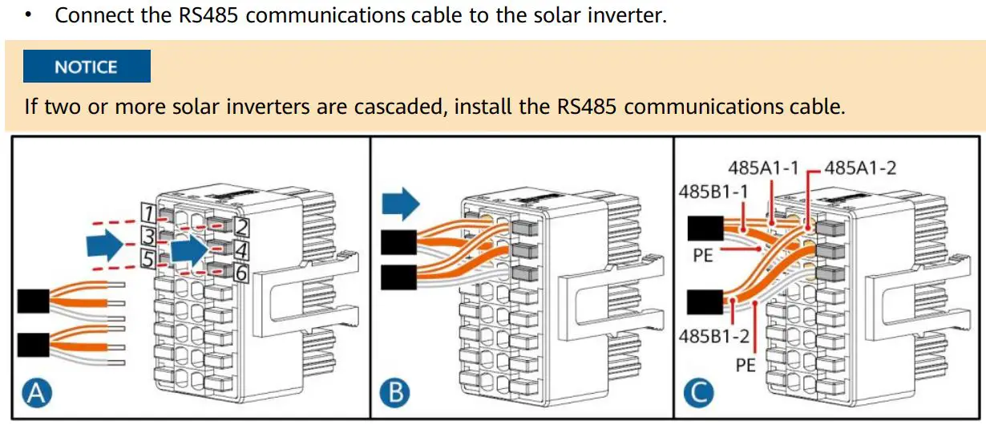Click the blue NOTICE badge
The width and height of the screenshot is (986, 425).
click(x=87, y=67)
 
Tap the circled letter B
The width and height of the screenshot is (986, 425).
click(x=394, y=394)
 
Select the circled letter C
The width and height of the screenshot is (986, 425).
click(x=698, y=394)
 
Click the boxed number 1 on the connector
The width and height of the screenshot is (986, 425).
click(x=147, y=212)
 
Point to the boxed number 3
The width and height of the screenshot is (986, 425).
click(x=147, y=236)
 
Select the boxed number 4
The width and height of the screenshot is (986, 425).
click(x=241, y=249)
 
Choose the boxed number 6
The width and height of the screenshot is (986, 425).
click(x=241, y=273)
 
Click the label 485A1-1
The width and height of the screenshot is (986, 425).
click(x=763, y=168)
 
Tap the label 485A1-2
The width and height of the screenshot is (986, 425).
click(x=860, y=168)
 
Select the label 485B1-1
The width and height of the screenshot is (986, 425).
click(x=713, y=192)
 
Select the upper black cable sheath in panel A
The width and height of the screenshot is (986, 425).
click(x=33, y=302)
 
